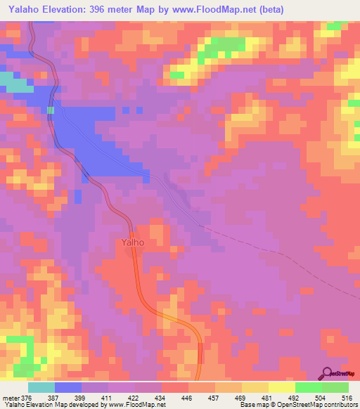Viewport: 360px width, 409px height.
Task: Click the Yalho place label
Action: [x=132, y=242]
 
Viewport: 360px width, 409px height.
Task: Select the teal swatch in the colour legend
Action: [x=41, y=387]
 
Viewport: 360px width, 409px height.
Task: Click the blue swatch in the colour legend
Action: [x=68, y=387]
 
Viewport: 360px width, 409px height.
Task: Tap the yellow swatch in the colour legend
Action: [x=281, y=387]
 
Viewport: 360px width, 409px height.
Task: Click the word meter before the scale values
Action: [x=10, y=397]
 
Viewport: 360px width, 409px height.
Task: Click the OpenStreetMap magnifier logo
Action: [x=328, y=373]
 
